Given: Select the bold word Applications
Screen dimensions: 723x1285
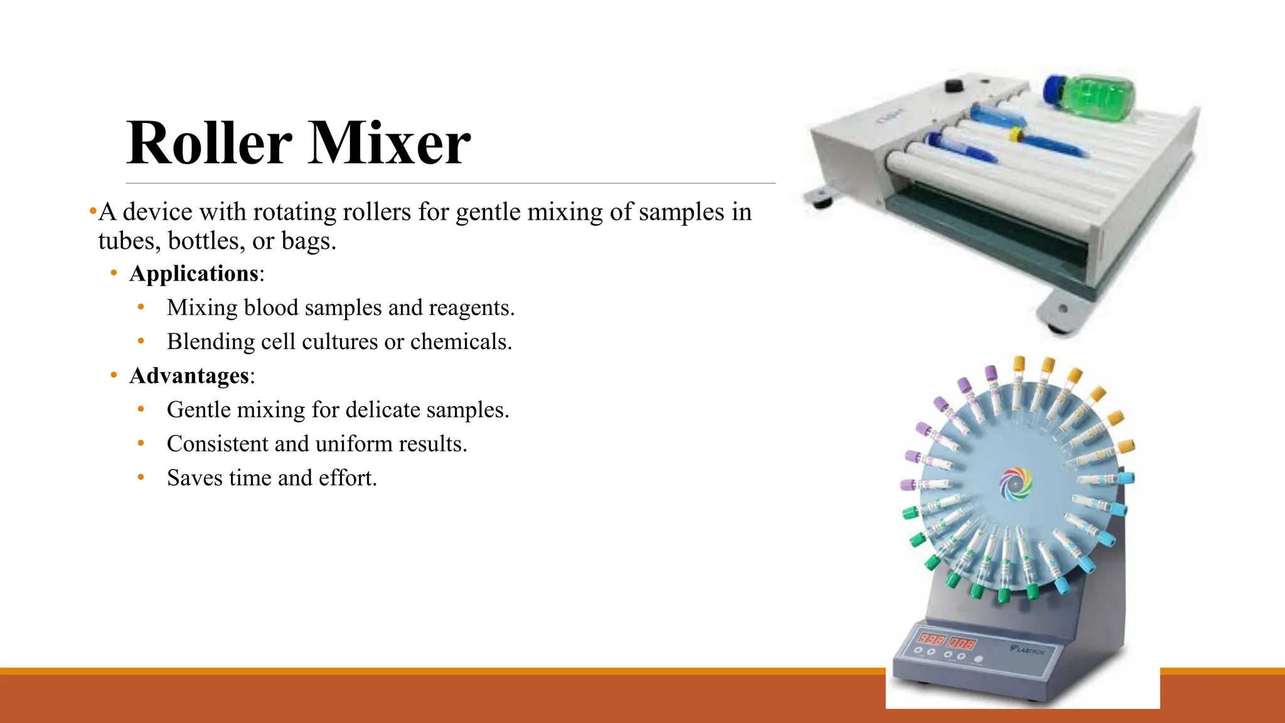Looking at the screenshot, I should tap(194, 274).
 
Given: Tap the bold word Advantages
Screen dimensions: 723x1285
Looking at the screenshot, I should tap(189, 376).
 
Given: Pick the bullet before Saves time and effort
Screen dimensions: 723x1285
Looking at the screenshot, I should tap(141, 478).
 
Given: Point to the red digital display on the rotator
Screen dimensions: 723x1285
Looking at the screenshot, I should tap(947, 641).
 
